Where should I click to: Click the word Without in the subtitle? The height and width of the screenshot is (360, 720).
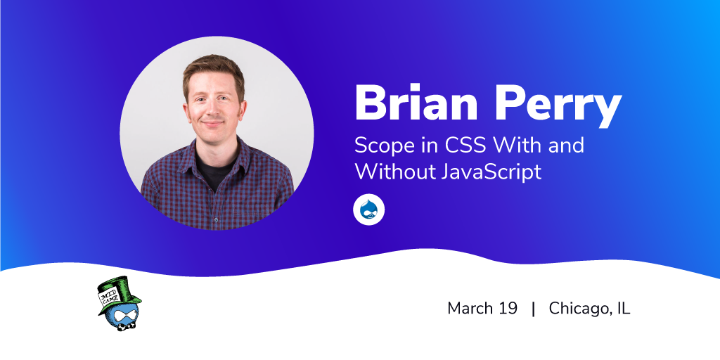(396, 172)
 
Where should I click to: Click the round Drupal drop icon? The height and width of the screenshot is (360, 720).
(368, 210)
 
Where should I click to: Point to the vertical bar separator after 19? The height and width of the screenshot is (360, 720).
(533, 309)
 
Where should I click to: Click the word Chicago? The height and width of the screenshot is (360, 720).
(580, 309)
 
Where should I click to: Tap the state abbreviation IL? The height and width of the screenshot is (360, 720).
(624, 308)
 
